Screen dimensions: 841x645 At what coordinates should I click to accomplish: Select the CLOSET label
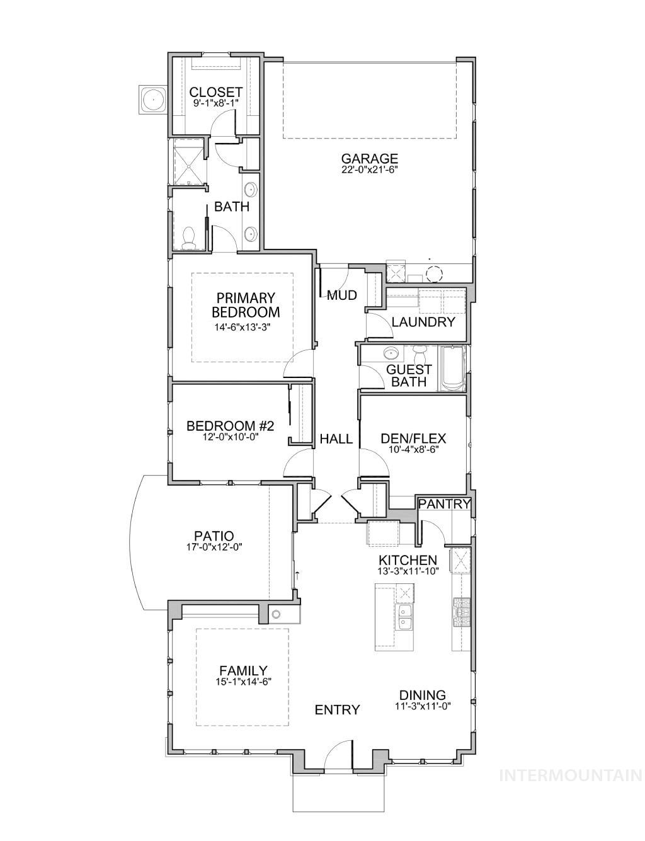pos(215,93)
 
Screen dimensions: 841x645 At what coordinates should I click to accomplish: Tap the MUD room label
pos(342,295)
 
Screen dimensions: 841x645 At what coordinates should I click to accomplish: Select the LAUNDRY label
pos(423,322)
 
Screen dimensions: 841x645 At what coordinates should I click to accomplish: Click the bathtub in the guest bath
pos(452,369)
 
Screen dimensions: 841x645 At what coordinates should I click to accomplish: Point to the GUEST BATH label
pos(409,375)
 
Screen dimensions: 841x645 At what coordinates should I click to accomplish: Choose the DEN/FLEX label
pos(413,438)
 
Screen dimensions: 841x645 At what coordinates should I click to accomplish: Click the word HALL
pos(336,439)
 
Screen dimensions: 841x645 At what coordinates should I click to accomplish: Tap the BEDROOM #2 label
pos(223,426)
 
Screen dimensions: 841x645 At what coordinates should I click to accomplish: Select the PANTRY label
pos(444,503)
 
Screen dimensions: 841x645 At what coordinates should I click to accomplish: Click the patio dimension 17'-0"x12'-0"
pos(214,547)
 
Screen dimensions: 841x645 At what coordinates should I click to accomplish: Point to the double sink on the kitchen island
pos(404,617)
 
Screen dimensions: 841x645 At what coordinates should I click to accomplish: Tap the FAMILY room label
pos(243,670)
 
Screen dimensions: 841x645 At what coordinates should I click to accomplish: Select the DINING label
pos(422,695)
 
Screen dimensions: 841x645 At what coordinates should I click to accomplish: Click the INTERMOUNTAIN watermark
pos(570,775)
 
